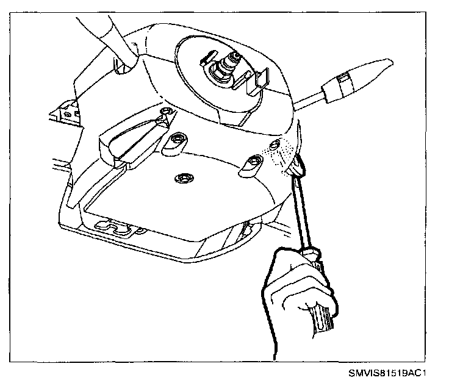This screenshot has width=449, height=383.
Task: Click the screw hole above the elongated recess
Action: (x=165, y=112)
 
